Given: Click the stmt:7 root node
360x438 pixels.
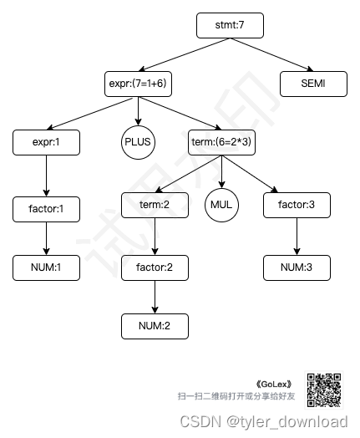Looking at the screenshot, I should tap(230, 26).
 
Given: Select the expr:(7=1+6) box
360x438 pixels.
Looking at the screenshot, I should tap(138, 84).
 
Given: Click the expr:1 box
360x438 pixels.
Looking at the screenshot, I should tap(46, 142).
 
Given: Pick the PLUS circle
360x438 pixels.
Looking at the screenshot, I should tap(138, 141).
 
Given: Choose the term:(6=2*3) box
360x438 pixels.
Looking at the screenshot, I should tap(221, 142).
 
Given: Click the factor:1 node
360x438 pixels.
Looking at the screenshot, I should tap(46, 207).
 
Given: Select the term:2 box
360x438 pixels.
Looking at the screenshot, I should tap(155, 204).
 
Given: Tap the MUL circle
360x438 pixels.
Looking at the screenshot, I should tap(221, 204).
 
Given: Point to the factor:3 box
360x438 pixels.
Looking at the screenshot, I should tap(297, 204).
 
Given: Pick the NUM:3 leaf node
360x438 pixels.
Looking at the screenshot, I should tap(297, 267).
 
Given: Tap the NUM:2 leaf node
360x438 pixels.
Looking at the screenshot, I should tap(155, 325).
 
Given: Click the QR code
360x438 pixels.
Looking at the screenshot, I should tap(324, 388).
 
